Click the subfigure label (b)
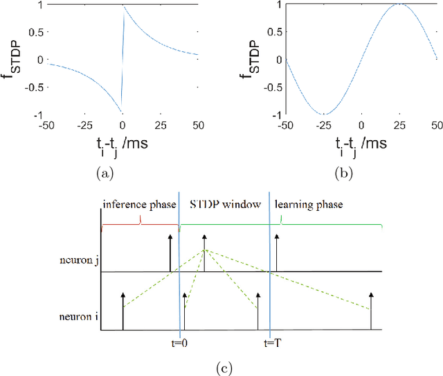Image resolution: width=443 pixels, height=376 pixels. (343, 174)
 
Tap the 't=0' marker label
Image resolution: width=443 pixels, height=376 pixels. (179, 343)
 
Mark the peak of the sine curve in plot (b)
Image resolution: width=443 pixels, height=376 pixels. (398, 5)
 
